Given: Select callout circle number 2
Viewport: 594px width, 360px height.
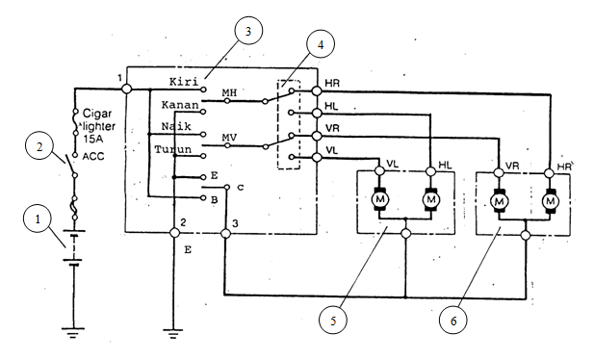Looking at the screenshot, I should click(39, 148).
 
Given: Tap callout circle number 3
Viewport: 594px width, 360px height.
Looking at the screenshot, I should click(247, 32).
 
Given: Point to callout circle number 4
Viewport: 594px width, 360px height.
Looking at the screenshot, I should click(321, 44).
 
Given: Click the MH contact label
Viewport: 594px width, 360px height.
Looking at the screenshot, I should click(231, 93).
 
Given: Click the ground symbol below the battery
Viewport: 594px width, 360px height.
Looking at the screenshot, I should click(70, 333).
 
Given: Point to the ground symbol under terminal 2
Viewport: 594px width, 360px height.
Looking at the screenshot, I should click(173, 333).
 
